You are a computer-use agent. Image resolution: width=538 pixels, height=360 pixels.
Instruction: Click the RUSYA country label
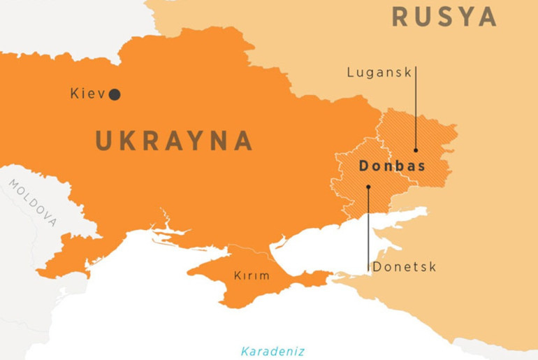pos(444,16)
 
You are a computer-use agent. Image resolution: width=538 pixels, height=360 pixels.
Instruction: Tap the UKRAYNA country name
pos(173,141)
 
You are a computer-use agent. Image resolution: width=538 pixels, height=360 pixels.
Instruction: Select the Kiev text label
pos(87,94)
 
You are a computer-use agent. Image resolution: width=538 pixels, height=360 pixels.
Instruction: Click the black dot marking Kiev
pos(115,94)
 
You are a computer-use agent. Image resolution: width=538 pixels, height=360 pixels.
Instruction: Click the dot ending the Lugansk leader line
pos(416,150)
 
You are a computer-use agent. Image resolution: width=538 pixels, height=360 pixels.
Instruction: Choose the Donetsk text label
pos(405,266)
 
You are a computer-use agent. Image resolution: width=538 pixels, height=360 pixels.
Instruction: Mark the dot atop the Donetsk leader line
pos(368,187)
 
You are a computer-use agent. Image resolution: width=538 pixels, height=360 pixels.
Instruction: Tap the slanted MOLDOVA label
pos(34,203)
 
